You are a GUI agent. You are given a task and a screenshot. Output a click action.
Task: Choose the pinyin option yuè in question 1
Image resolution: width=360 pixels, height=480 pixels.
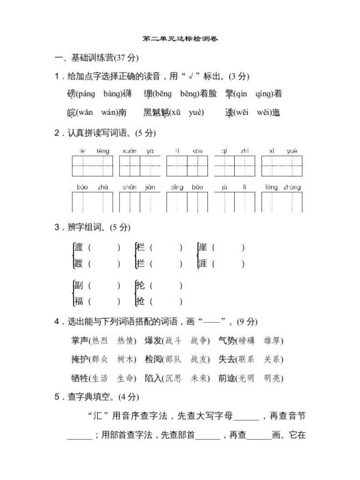(x=194, y=112)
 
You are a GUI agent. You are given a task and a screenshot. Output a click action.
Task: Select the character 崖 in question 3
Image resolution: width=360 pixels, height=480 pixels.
(x=202, y=247)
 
